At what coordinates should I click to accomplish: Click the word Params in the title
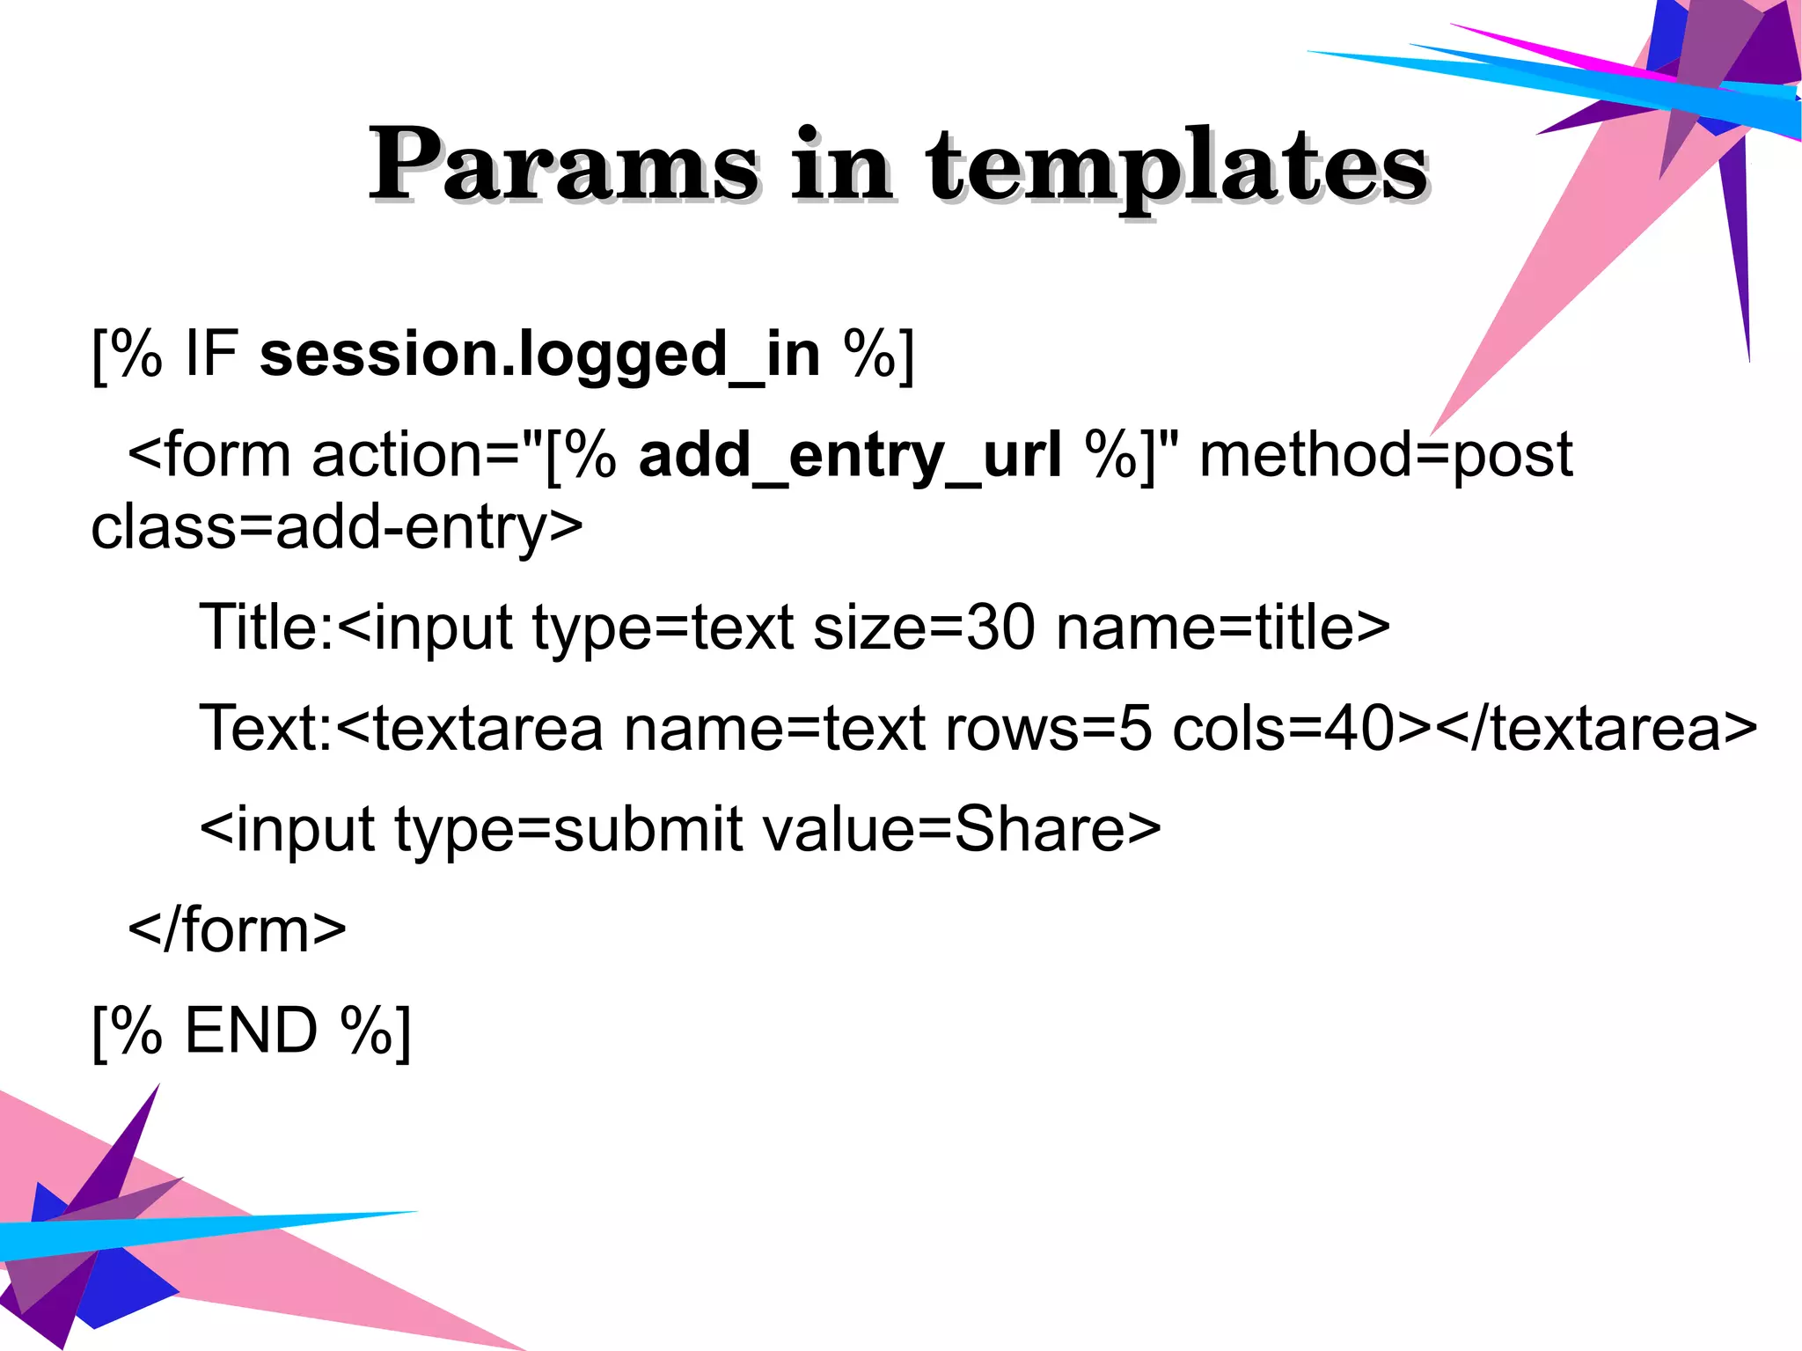coord(563,165)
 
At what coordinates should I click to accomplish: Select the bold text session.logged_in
coord(539,355)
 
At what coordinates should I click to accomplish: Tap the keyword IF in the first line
coord(211,355)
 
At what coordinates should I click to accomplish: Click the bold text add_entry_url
coord(850,456)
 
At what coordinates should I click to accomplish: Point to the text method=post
coord(1386,456)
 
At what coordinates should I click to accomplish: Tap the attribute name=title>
coord(1223,628)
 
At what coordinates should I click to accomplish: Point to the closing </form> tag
coord(238,930)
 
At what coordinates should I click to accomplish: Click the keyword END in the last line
coord(251,1031)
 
